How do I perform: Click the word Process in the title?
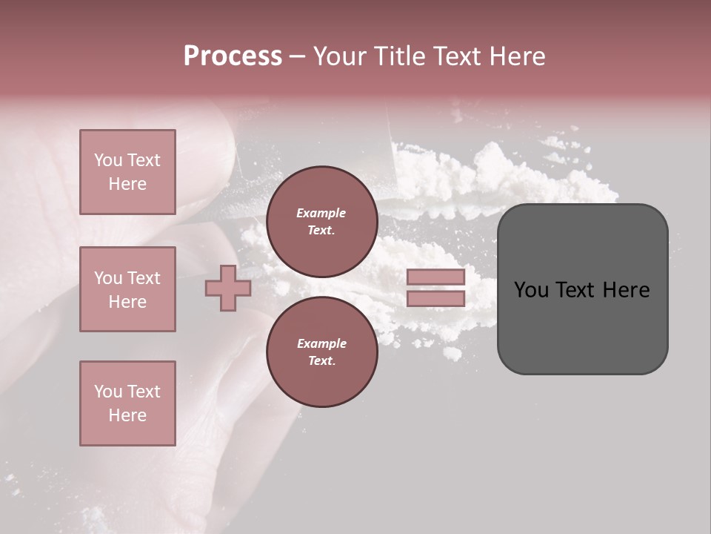coord(233,56)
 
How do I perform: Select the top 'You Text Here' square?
coord(127,172)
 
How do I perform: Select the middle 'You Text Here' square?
coord(127,289)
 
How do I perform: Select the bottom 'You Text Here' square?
coord(127,403)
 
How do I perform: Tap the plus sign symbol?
coord(228,288)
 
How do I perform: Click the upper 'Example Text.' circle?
coord(321,222)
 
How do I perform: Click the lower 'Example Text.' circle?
coord(321,352)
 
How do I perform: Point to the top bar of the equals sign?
coord(435,277)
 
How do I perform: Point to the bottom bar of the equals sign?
coord(435,298)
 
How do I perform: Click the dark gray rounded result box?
coord(582,326)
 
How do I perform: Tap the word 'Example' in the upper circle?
coord(321,213)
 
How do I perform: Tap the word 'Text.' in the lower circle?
coord(321,361)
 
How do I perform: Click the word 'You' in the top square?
coord(108,160)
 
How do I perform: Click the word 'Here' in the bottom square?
coord(127,415)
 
